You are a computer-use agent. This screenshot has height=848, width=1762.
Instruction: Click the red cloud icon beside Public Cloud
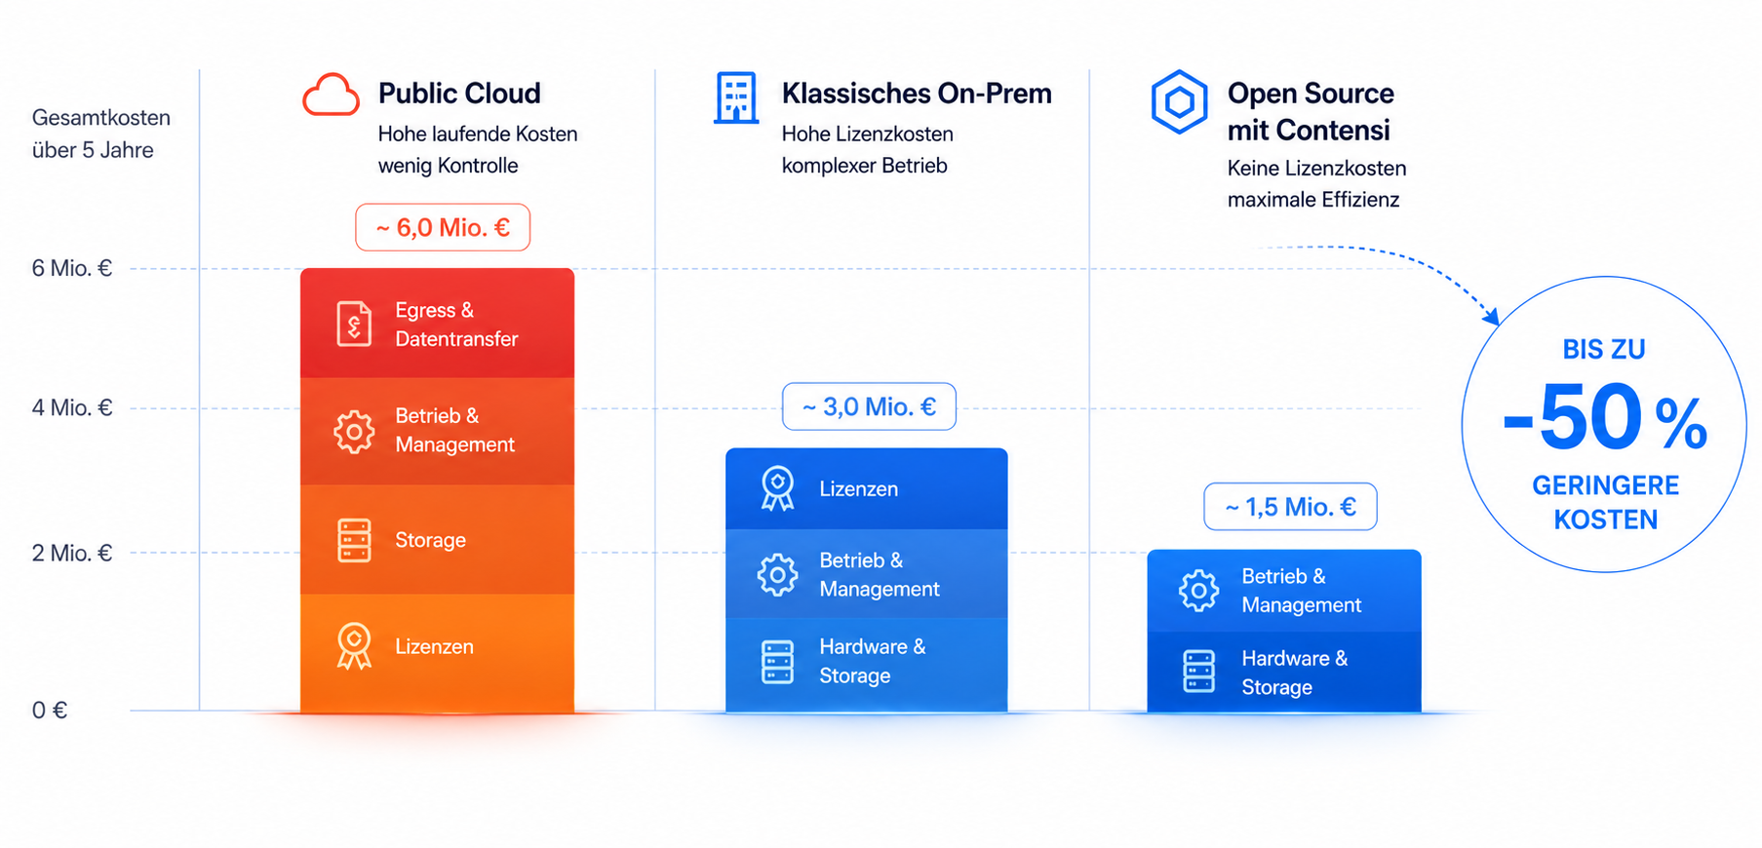(x=331, y=96)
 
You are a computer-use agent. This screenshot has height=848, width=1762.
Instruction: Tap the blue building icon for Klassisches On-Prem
(x=736, y=97)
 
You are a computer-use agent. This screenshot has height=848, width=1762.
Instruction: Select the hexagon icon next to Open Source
(x=1179, y=101)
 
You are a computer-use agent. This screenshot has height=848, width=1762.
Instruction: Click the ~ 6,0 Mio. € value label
(x=443, y=227)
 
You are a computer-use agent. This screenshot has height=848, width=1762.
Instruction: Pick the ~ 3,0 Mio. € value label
(x=869, y=406)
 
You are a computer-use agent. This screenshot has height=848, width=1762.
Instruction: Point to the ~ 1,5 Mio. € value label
(x=1290, y=507)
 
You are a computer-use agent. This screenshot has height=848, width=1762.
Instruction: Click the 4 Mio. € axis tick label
(x=72, y=407)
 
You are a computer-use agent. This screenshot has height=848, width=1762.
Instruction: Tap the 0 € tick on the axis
(x=50, y=710)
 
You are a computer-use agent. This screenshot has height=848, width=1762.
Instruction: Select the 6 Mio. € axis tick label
(x=72, y=268)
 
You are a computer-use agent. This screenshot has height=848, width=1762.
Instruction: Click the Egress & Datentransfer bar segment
(x=437, y=324)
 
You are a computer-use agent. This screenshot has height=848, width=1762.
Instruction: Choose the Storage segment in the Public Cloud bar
(x=437, y=540)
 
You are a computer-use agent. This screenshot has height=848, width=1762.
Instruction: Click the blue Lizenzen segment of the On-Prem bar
(x=866, y=488)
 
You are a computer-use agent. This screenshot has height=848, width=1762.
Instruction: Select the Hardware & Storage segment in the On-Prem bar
(x=866, y=664)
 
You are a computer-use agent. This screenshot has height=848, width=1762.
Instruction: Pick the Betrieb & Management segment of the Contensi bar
(x=1284, y=591)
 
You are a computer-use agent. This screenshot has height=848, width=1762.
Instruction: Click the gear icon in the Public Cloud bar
(x=354, y=431)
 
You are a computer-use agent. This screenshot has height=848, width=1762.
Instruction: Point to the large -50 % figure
(x=1605, y=419)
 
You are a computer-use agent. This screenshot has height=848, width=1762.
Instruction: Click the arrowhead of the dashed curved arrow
(x=1492, y=317)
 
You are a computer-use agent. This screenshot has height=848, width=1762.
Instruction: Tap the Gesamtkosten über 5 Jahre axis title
(x=101, y=134)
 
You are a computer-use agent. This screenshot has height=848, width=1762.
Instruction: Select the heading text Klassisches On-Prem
(x=917, y=94)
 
